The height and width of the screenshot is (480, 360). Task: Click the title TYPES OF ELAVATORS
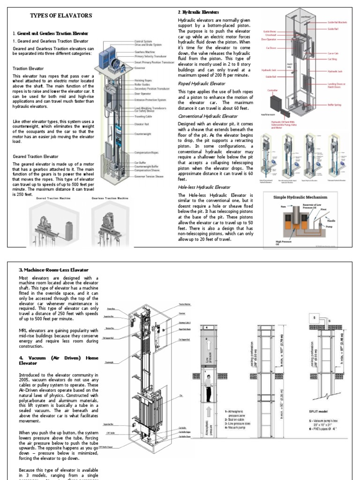point(61,15)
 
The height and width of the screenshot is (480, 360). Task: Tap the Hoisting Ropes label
point(144,80)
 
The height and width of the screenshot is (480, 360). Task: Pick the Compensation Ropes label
point(147,153)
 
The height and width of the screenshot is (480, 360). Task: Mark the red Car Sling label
point(332,60)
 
